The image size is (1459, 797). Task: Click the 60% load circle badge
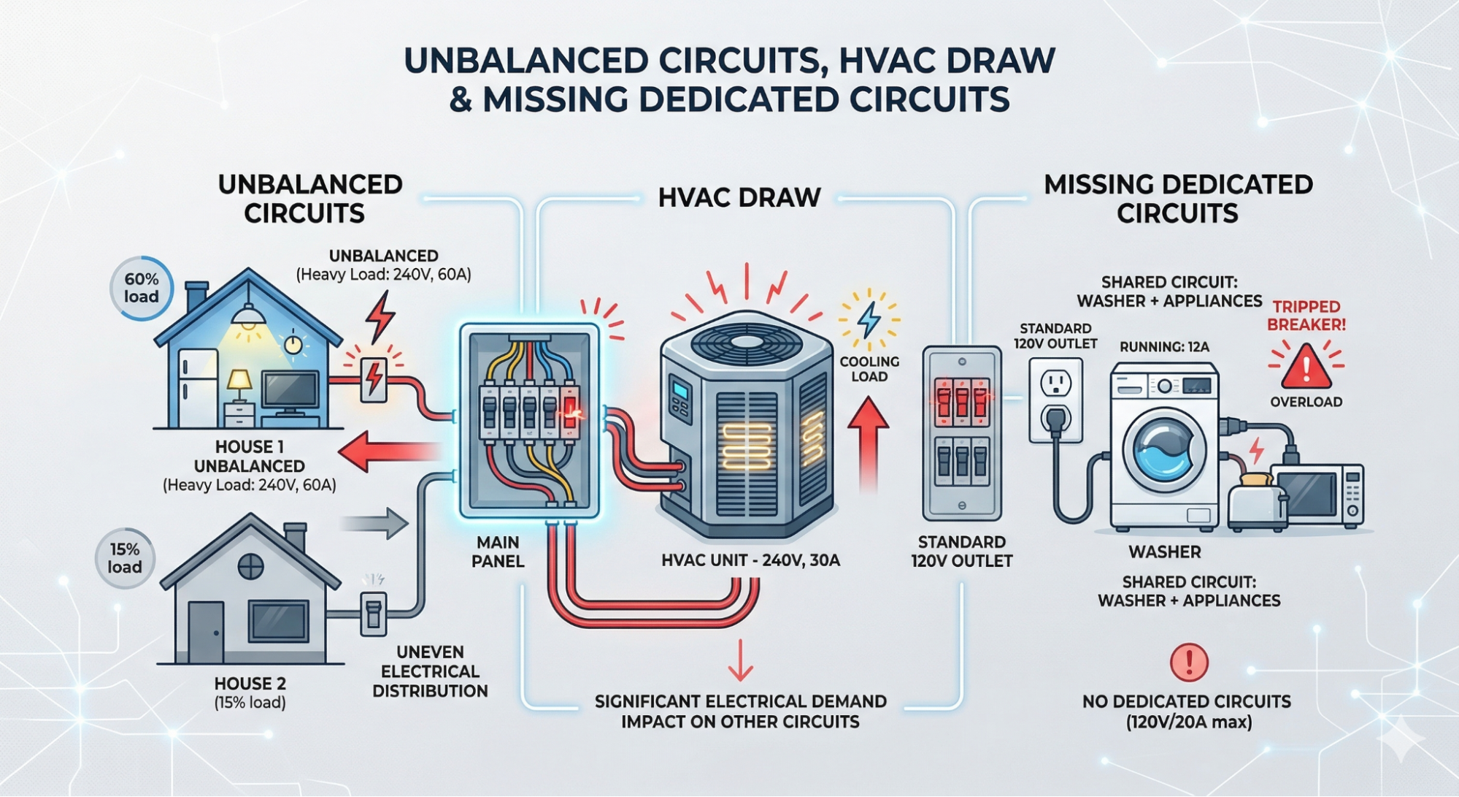[x=141, y=288]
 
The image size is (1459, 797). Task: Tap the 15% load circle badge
[x=125, y=558]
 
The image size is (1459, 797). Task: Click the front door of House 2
[x=205, y=632]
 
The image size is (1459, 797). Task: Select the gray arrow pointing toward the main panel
[x=374, y=524]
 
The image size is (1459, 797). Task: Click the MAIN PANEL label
[x=498, y=552]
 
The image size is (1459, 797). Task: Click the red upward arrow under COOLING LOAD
[x=868, y=443]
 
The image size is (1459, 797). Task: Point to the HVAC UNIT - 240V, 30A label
[x=750, y=560]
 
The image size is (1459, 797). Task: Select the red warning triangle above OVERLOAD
[x=1306, y=365]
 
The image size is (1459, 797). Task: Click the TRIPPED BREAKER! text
[x=1306, y=316]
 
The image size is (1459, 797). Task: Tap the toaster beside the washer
[x=1257, y=502]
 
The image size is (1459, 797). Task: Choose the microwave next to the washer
[x=1317, y=495]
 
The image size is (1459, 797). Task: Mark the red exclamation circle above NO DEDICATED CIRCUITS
[x=1189, y=662]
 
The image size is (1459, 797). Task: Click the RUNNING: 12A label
[x=1164, y=347]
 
